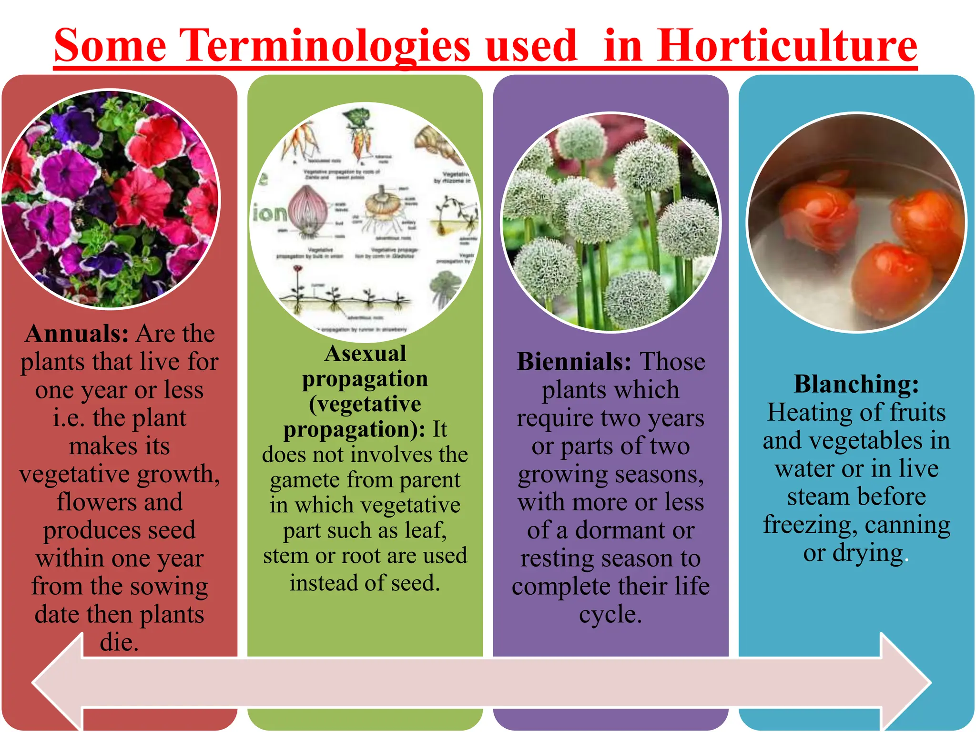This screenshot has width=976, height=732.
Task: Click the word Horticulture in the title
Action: [786, 46]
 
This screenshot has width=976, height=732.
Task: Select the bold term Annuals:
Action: [76, 334]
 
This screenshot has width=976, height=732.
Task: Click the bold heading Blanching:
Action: [856, 384]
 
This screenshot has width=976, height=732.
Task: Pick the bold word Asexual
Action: [365, 354]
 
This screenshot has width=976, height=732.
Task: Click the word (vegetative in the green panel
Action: [365, 404]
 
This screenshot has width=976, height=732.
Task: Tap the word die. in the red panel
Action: [119, 642]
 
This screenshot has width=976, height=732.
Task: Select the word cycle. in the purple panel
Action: [610, 614]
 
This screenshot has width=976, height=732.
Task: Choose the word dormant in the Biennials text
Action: [620, 530]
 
